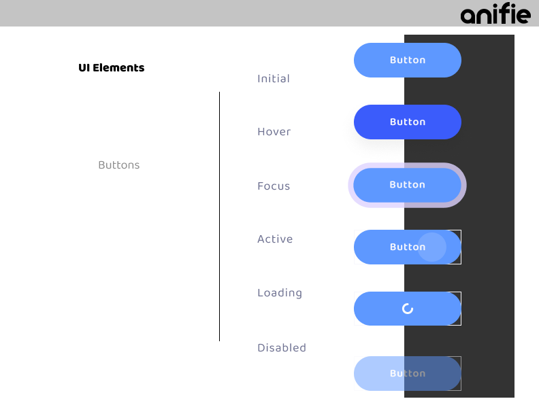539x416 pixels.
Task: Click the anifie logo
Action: [x=495, y=14]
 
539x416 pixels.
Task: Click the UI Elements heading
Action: [x=112, y=67]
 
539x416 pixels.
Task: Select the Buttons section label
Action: [x=119, y=165]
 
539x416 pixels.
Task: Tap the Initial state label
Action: [x=274, y=79]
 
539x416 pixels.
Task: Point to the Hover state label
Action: [x=274, y=131]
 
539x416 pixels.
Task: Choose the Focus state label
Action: [x=274, y=186]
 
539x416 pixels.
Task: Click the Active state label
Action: [x=275, y=239]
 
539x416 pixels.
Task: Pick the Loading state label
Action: [x=280, y=293]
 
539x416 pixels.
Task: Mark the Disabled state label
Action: [x=282, y=348]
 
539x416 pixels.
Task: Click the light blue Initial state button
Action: [x=408, y=60]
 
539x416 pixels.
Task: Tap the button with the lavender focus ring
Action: [x=408, y=185]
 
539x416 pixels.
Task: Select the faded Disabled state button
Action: [x=408, y=373]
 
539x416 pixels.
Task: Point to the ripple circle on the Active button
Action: [x=431, y=247]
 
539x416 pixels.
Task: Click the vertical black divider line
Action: [x=219, y=217]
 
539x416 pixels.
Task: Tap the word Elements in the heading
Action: [x=118, y=67]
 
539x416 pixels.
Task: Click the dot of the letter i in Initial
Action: [x=259, y=75]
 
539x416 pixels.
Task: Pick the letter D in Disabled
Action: [x=261, y=348]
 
